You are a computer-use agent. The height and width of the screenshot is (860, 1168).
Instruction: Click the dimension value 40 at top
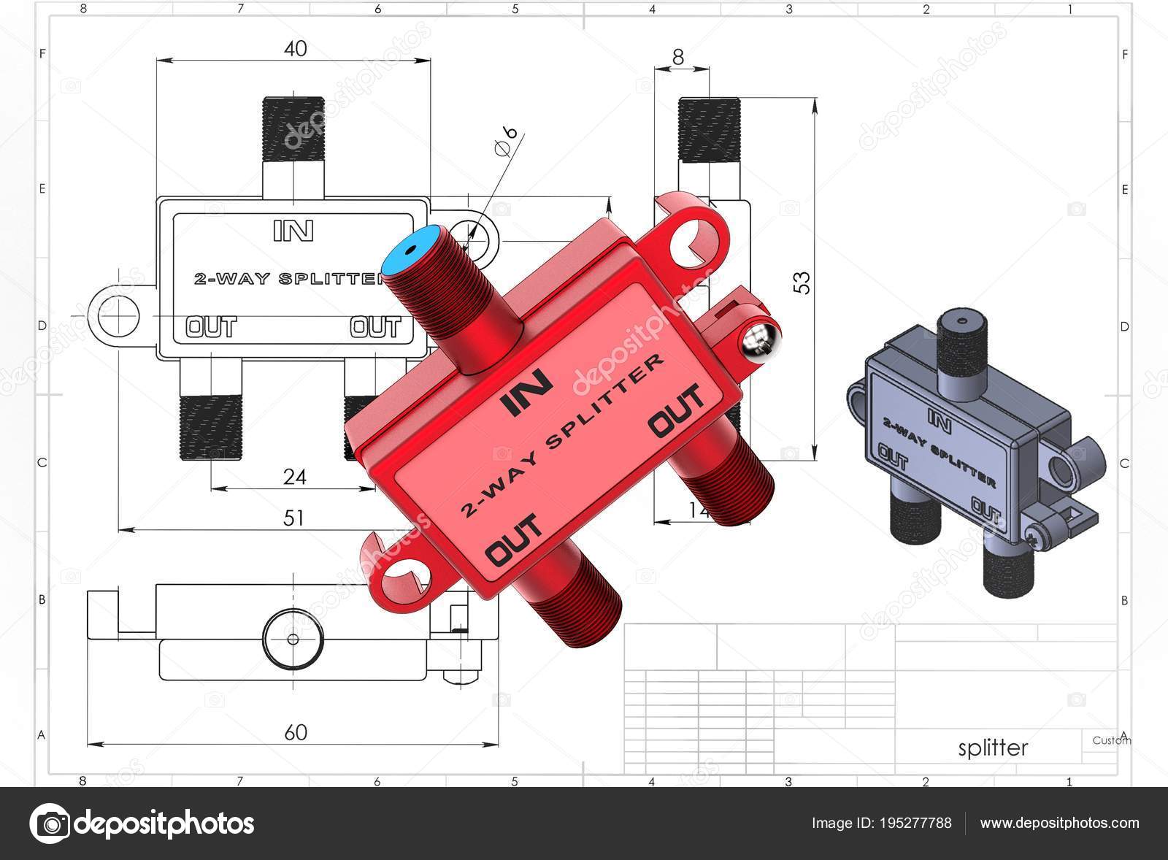tap(295, 49)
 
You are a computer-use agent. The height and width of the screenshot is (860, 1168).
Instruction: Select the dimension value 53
tap(801, 283)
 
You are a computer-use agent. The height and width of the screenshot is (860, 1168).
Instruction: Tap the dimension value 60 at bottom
tap(295, 732)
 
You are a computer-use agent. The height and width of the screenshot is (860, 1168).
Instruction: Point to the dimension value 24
tap(294, 477)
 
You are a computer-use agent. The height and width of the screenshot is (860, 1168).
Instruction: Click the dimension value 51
tap(293, 518)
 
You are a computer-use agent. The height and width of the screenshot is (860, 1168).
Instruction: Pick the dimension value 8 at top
tap(678, 57)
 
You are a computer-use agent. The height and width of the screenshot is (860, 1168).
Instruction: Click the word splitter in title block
tap(992, 748)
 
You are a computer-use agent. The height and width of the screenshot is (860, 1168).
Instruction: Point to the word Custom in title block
tap(1111, 740)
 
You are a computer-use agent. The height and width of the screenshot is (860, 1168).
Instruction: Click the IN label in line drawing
tap(293, 231)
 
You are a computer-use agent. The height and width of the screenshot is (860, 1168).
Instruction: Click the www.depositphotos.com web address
tap(1058, 823)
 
